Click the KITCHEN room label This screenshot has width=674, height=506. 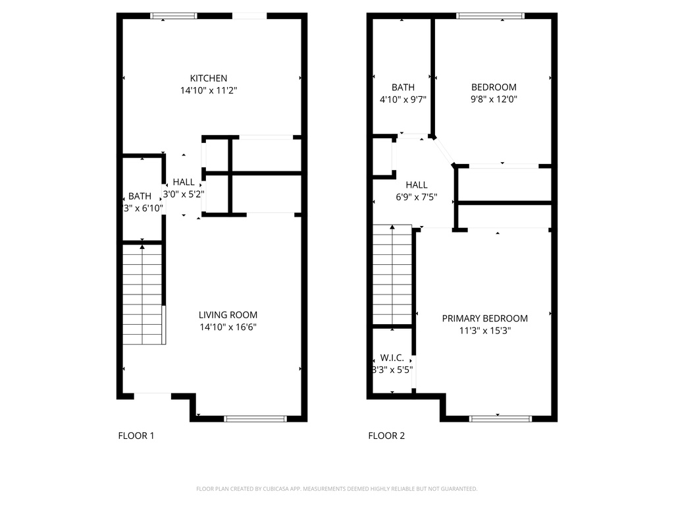point(209,78)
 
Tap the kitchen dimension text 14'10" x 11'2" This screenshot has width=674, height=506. point(209,90)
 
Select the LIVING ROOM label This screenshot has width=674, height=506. point(228,315)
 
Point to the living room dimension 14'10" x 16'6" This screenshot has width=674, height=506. point(228,327)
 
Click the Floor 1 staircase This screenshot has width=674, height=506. point(143,295)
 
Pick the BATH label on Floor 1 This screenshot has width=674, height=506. point(140,196)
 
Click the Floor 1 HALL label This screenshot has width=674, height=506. point(184,183)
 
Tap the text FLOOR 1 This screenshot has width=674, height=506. point(136,436)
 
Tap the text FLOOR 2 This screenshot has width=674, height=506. point(386,436)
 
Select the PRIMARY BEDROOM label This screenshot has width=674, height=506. point(484,318)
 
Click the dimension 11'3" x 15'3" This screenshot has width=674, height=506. point(484,331)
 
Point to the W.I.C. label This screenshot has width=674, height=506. point(392,358)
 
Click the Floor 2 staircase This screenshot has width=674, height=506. point(392,275)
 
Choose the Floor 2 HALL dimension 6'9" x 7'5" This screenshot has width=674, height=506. point(416,198)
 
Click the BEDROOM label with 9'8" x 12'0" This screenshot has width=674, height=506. point(494,87)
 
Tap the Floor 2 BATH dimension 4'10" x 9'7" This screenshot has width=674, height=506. point(403,99)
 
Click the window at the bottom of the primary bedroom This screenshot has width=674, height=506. point(500,418)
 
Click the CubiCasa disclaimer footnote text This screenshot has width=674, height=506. point(336,489)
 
